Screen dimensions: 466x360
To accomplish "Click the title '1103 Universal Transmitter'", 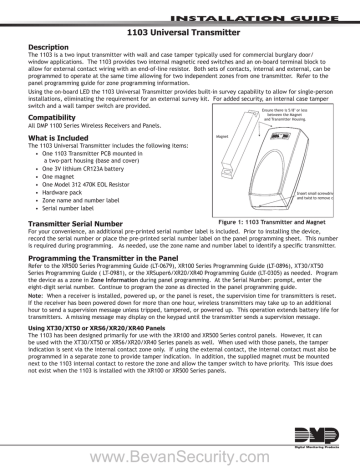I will point(179,32).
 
